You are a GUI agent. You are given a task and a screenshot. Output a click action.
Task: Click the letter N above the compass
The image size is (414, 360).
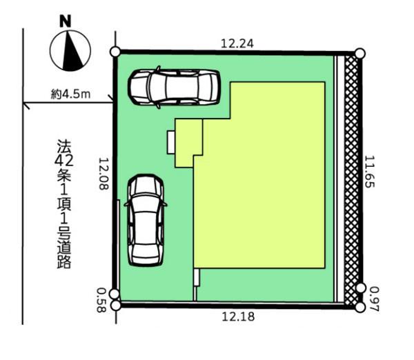[66, 21]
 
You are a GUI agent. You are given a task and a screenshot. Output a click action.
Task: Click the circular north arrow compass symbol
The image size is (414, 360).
[71, 52]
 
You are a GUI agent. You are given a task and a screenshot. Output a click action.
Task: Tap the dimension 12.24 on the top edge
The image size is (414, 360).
[237, 43]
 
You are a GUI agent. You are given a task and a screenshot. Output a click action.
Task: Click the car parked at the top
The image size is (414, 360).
[174, 87]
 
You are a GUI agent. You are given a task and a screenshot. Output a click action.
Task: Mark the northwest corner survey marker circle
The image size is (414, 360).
[115, 52]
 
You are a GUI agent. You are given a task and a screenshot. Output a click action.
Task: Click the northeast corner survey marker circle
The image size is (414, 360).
[359, 52]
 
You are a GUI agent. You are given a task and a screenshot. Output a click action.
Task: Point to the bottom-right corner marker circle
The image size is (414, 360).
[359, 307]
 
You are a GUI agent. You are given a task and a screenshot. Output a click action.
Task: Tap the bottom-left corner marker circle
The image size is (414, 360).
[115, 304]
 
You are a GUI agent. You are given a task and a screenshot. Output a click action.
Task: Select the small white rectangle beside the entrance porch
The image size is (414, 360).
[170, 143]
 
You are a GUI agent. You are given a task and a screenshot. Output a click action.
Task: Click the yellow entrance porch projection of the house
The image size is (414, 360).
[188, 142]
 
